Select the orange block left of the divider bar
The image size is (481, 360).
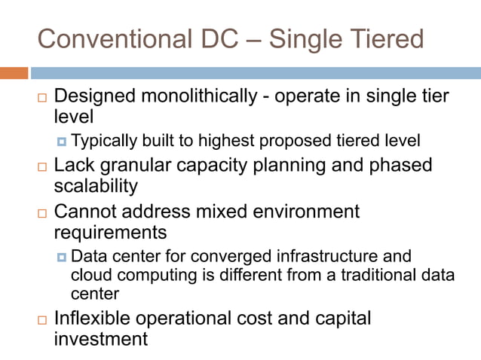coord(14,73)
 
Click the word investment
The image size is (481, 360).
coord(101,339)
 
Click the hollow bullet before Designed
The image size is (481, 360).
coord(41,99)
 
